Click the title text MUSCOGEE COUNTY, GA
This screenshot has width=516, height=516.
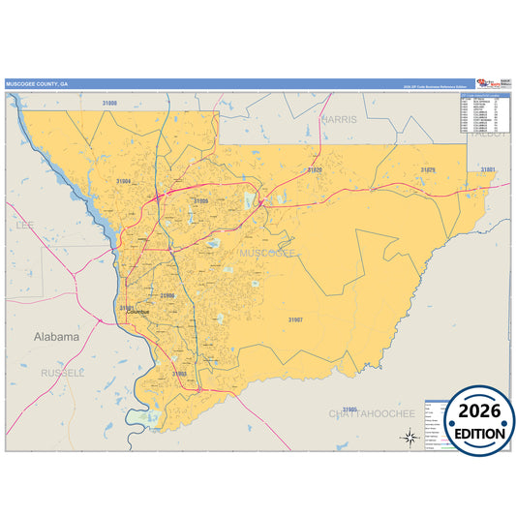37,84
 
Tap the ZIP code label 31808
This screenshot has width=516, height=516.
110,102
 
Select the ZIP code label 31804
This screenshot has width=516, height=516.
123,181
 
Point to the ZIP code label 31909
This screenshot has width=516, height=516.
200,200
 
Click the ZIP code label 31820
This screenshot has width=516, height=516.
315,169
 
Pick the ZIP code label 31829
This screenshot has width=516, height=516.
428,169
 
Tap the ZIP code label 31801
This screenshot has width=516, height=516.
488,169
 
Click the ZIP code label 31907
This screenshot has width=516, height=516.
295,319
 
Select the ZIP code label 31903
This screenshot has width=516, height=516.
179,373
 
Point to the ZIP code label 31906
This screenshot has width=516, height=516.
167,294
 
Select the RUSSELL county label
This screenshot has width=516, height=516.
63,372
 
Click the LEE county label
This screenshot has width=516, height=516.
24,225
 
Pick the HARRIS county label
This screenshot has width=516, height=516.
340,119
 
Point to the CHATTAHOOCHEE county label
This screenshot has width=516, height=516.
372,413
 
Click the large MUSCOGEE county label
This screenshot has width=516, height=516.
267,253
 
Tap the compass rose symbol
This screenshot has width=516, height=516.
410,437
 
